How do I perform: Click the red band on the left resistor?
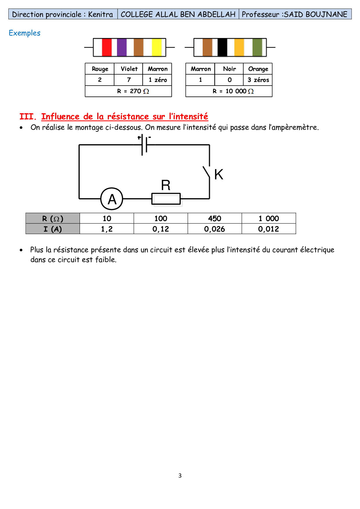click(x=107, y=47)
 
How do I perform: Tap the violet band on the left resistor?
click(x=122, y=47)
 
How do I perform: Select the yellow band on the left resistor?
click(x=157, y=47)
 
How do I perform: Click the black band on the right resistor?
click(x=222, y=47)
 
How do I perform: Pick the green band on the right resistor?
click(x=257, y=47)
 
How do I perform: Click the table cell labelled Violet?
click(x=129, y=69)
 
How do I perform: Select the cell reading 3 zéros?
click(x=258, y=80)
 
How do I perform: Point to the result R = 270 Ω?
click(x=133, y=91)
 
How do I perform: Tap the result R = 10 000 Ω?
click(x=233, y=91)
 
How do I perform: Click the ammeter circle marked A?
click(x=112, y=199)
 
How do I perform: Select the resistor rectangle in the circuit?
click(x=166, y=199)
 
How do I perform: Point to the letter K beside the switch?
click(x=219, y=175)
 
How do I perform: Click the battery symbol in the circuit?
click(x=144, y=145)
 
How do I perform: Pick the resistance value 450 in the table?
click(x=215, y=219)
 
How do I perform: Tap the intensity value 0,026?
click(x=215, y=229)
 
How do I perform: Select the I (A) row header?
click(x=53, y=229)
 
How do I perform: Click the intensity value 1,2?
click(x=107, y=229)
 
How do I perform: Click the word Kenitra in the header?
click(x=100, y=14)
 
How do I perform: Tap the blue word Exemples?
click(x=24, y=33)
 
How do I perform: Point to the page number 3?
click(x=180, y=475)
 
